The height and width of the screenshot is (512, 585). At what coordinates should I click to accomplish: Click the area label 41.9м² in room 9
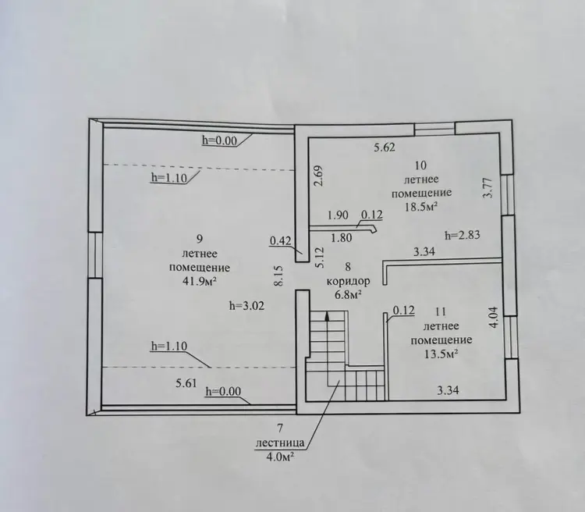(199, 282)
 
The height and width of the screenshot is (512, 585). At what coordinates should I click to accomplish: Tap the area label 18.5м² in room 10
(421, 207)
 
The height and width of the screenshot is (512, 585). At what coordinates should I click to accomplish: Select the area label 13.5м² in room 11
(441, 354)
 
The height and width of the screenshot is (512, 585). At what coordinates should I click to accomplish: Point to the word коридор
(349, 281)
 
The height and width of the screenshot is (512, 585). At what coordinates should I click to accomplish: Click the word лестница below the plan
(280, 443)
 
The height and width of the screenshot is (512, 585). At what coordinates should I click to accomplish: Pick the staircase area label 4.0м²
(278, 457)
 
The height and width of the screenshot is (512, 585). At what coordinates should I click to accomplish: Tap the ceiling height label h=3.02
(246, 306)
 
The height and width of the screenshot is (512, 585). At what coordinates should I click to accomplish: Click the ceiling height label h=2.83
(463, 235)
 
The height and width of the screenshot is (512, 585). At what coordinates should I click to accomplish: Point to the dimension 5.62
(385, 148)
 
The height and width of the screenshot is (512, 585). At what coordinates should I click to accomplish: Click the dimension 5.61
(186, 383)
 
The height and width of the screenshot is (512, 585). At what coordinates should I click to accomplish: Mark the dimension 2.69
(319, 176)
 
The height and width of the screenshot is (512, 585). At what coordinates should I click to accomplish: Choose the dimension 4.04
(494, 317)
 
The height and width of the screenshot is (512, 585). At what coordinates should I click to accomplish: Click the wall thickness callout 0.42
(281, 241)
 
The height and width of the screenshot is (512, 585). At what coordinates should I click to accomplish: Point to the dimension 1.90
(338, 215)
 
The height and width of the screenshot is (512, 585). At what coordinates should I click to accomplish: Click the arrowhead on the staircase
(327, 316)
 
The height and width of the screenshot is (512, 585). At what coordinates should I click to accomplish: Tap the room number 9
(199, 239)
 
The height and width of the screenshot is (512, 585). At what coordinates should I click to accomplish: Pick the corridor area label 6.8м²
(349, 295)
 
